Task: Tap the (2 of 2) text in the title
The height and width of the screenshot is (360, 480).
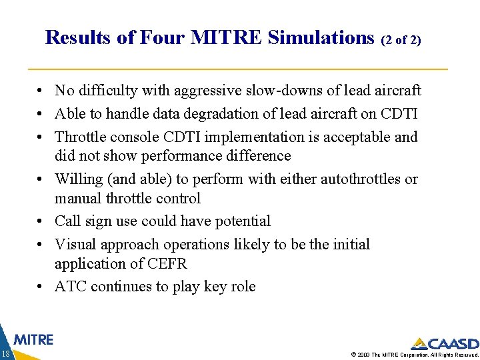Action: (x=401, y=40)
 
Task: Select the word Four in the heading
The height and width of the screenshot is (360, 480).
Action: (x=161, y=37)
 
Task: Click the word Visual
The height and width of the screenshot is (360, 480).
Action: (x=75, y=244)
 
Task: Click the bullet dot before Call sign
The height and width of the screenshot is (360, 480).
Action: (x=41, y=221)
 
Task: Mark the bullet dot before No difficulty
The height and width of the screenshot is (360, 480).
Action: (x=41, y=91)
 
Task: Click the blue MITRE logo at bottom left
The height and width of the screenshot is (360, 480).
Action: (x=33, y=339)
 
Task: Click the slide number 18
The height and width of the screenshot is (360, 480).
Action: (x=5, y=353)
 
